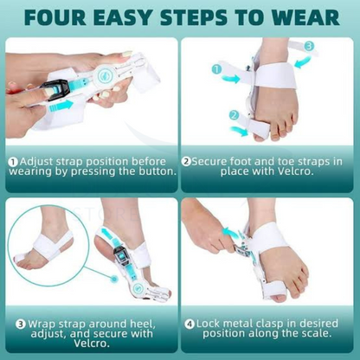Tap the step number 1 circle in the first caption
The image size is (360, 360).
[13, 160]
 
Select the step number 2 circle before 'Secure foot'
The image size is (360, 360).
[186, 160]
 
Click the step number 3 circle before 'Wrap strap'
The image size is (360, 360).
[21, 324]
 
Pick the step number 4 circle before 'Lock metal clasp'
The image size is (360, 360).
[189, 324]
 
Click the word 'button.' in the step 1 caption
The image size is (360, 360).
[153, 172]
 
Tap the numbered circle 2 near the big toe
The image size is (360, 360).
[232, 114]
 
